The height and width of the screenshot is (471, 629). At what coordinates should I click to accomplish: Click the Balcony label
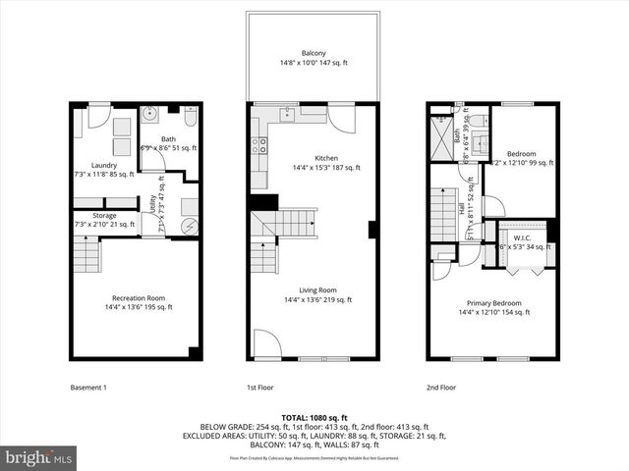(x=314, y=52)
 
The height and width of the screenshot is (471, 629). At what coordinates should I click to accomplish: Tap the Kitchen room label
(x=326, y=158)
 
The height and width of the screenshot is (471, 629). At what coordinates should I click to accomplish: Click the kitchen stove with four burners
(x=259, y=146)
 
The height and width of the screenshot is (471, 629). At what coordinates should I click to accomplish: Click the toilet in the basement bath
(x=190, y=115)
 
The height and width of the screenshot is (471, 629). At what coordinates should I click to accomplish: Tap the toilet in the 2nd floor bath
(x=472, y=121)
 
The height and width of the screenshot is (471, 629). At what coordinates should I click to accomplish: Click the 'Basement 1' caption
(x=88, y=388)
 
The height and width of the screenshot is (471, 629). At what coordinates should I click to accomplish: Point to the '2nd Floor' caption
(x=441, y=388)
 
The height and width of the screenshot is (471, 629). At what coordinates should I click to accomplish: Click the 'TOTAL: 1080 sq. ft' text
(x=314, y=418)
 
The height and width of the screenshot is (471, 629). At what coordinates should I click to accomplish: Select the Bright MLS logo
(x=39, y=457)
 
